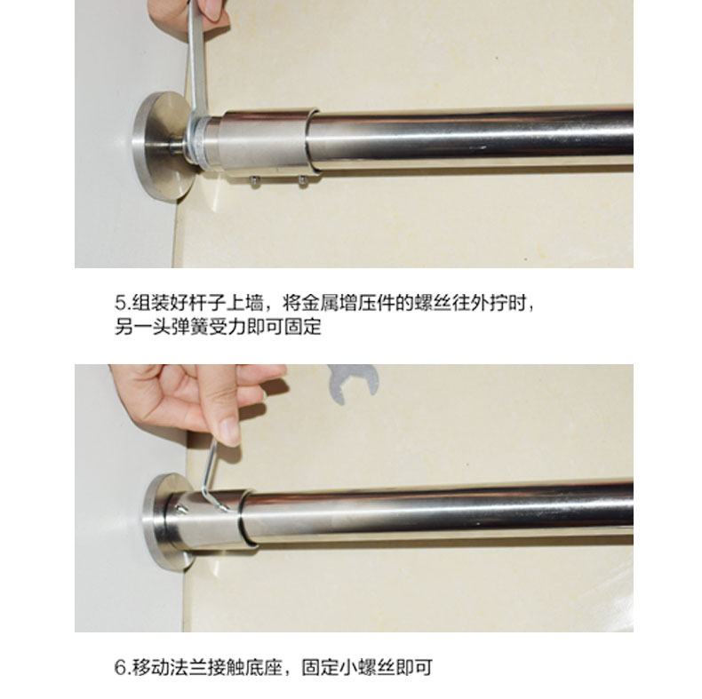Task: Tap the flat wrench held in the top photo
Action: pyautogui.click(x=197, y=68)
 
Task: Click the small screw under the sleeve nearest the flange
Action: pyautogui.click(x=255, y=180)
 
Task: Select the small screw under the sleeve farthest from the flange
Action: pyautogui.click(x=303, y=180)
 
